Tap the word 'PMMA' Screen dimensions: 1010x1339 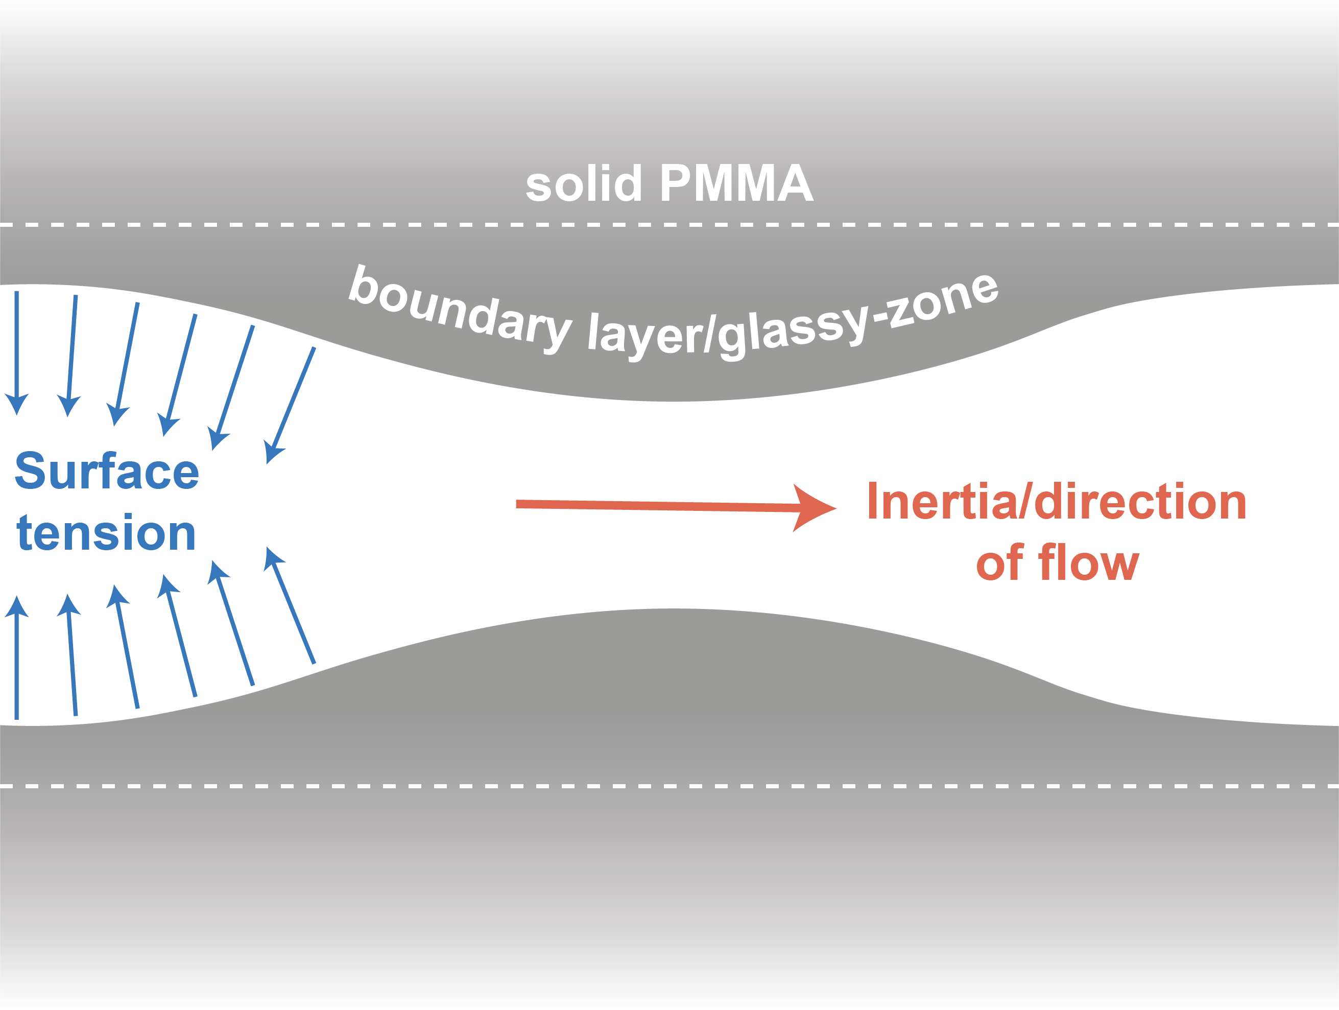pyautogui.click(x=736, y=183)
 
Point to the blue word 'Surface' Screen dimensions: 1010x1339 pyautogui.click(x=107, y=472)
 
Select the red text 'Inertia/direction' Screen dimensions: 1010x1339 pyautogui.click(x=1056, y=502)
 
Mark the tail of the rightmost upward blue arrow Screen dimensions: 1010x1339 pyautogui.click(x=314, y=663)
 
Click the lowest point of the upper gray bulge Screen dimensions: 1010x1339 pyautogui.click(x=672, y=401)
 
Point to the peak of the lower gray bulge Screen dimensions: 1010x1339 pyautogui.click(x=672, y=609)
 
